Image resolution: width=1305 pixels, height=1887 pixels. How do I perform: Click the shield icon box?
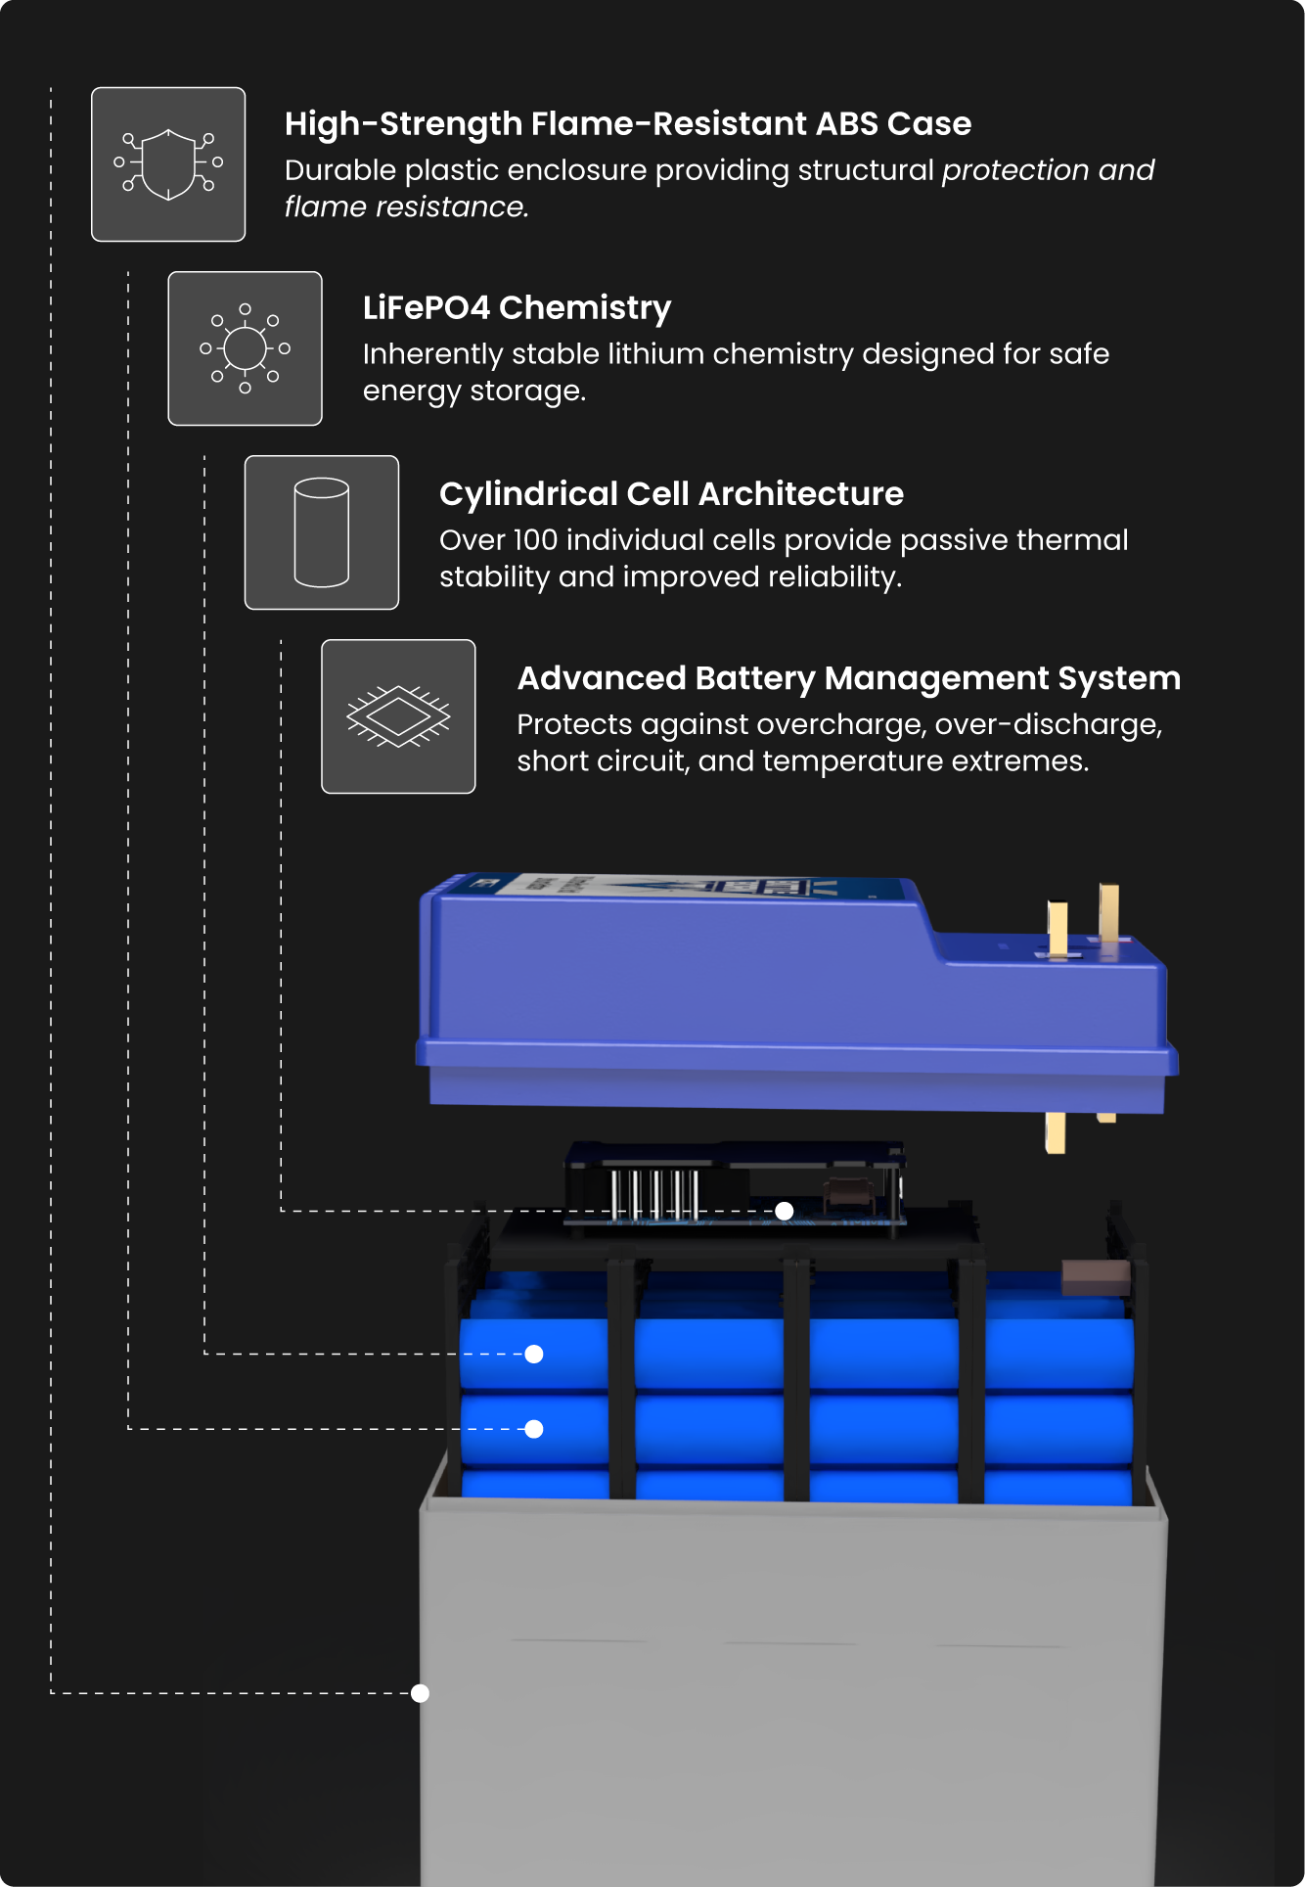tap(168, 164)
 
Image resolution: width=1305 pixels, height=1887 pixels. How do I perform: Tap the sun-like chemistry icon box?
tap(245, 348)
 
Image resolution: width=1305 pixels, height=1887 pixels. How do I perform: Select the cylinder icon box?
tap(322, 532)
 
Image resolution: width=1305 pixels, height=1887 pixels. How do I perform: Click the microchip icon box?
tap(398, 716)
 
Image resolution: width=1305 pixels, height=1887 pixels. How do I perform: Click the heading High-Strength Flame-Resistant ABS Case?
tap(627, 124)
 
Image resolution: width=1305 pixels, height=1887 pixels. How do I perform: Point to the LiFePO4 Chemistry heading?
tap(517, 308)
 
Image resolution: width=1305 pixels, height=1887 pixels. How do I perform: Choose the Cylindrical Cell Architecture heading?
tap(671, 494)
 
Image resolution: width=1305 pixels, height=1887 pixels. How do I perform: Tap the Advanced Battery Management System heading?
tap(848, 678)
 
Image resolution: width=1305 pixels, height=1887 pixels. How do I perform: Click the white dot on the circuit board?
tap(784, 1212)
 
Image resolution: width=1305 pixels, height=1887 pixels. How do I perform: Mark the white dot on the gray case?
tap(421, 1693)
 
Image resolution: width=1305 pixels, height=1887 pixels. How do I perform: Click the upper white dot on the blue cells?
tap(534, 1355)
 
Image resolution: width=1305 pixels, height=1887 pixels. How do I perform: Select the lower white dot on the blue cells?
tap(534, 1429)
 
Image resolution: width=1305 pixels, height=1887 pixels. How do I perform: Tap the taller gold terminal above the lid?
tap(1109, 911)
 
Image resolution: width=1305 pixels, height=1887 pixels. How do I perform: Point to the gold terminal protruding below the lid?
tap(1056, 1132)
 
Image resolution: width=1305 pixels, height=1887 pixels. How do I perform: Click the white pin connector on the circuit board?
tap(654, 1193)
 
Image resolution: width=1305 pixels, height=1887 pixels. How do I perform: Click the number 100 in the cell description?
tap(535, 540)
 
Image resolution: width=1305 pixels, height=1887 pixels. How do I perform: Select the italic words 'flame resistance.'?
tap(406, 207)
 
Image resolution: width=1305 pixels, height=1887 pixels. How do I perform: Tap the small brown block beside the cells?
tap(1095, 1277)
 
